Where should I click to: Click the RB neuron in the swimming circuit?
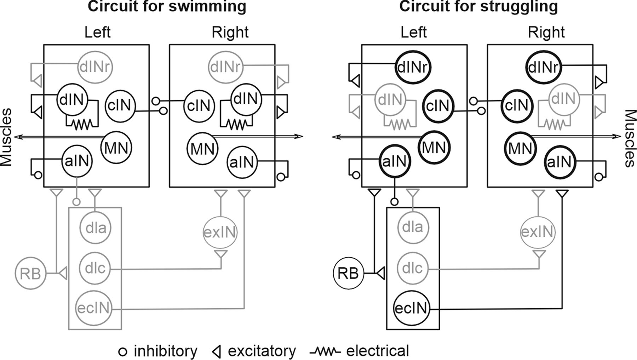tap(31, 274)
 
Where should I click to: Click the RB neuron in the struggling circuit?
tap(349, 274)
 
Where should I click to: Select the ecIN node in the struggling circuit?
tap(412, 308)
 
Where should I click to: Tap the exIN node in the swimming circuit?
tap(220, 233)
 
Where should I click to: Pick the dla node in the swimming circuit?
tap(95, 228)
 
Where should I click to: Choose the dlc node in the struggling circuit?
tap(412, 268)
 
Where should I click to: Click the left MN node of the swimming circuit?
tap(116, 148)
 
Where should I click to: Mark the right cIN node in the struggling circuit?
tap(517, 105)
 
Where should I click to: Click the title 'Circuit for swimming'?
tap(167, 6)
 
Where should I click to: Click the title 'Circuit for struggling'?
tap(478, 6)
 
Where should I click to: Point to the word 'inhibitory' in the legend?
tap(165, 351)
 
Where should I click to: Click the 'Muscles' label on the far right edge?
tap(630, 138)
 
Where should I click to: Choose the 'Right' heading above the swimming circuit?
tap(230, 32)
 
